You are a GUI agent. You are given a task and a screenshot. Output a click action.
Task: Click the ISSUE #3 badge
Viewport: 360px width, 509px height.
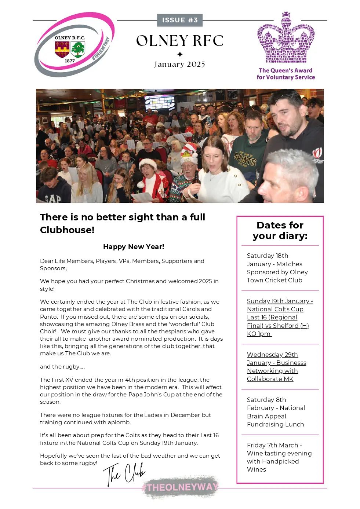click(x=180, y=20)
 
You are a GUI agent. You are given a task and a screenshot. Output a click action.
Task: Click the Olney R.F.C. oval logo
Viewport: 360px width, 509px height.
click(x=74, y=45)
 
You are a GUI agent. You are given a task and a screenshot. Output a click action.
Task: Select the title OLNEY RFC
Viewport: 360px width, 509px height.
click(x=180, y=41)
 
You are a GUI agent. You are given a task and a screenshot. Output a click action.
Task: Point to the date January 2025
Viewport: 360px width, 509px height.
click(x=179, y=65)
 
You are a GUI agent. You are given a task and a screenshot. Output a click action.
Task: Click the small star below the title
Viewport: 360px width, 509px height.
click(x=180, y=54)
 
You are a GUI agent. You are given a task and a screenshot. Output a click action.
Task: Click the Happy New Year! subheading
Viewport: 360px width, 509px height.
click(x=134, y=247)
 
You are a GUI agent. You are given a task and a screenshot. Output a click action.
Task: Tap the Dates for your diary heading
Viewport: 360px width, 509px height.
click(x=280, y=230)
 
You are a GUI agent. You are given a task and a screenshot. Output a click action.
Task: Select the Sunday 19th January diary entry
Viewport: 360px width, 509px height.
click(x=280, y=317)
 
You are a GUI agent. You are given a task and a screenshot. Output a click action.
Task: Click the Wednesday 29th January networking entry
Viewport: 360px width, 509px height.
click(x=276, y=367)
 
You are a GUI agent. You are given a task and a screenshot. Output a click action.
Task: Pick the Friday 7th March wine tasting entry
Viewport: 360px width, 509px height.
click(x=279, y=457)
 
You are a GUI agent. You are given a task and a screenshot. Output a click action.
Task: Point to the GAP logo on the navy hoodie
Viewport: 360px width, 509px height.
click(x=53, y=198)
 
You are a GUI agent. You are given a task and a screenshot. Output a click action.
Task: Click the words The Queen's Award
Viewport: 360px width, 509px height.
click(x=286, y=70)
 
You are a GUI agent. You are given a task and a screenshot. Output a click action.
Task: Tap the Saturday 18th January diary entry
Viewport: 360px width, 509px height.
click(x=277, y=268)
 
